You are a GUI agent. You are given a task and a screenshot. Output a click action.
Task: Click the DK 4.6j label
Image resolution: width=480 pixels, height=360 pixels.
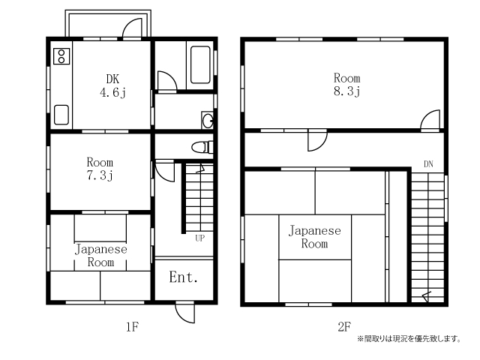pos(112,86)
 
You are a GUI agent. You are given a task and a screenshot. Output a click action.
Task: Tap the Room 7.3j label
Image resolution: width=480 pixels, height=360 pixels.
pos(100,169)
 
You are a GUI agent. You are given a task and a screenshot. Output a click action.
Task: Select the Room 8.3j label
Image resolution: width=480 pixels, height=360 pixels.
pos(346,85)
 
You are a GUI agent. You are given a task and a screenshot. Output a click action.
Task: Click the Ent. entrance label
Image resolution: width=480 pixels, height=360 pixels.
pos(183,277)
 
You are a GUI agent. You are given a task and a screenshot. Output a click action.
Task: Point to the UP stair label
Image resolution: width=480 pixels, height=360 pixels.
pos(200,238)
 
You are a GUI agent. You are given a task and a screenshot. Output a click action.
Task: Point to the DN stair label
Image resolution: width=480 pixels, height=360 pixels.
pos(428,164)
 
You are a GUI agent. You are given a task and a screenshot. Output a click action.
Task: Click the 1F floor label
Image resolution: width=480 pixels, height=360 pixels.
pos(132,327)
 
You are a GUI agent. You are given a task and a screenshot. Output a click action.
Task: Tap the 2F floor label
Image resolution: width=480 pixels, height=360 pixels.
pos(344,327)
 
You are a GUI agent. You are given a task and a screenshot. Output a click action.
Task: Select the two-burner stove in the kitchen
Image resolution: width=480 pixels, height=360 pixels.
pos(61,56)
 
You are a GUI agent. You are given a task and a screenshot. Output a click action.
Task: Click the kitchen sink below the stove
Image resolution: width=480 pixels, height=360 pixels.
pos(61,115)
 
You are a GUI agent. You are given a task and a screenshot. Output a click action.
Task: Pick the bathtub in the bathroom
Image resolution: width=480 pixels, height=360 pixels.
pos(200,64)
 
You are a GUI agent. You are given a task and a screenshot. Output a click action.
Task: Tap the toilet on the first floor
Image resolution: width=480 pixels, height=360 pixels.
pos(202,147)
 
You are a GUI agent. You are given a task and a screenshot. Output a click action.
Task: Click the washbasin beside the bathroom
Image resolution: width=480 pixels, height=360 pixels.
pos(208,120)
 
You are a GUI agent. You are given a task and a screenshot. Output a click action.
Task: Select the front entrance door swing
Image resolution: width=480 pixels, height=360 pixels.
pos(185,312)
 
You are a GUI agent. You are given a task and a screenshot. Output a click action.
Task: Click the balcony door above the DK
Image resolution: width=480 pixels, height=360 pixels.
pos(132,28)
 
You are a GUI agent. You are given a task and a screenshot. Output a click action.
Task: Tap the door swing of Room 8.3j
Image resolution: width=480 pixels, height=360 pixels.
pos(430,120)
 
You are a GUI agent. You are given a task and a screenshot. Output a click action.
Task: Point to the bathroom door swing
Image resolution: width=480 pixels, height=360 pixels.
pos(167,82)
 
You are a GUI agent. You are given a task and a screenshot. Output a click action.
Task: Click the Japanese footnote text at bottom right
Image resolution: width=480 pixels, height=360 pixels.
pos(409,339)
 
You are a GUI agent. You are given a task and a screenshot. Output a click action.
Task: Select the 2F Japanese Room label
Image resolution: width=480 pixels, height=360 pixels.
pos(315,237)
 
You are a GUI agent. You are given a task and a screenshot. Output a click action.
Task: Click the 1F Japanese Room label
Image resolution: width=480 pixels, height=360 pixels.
pos(100,256)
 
